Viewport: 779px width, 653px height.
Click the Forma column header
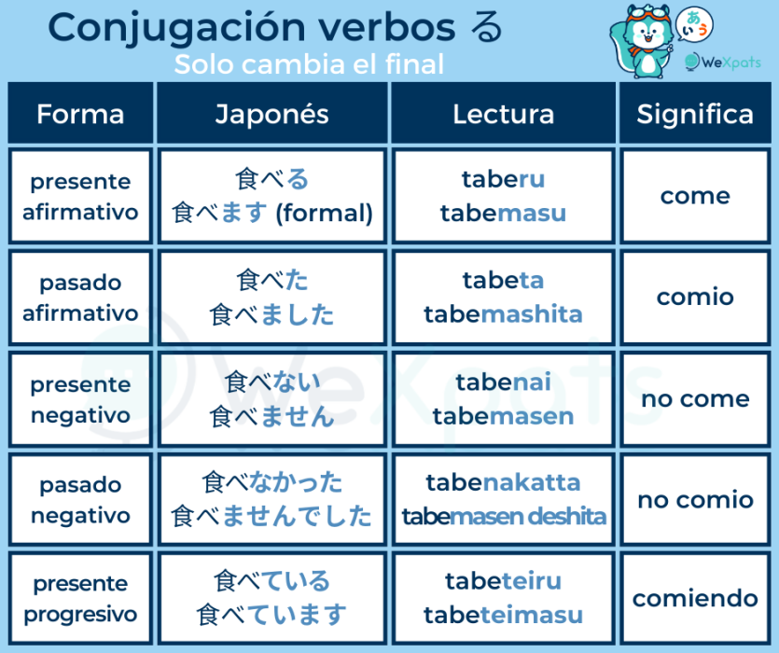(80, 114)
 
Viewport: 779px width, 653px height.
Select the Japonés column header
(271, 114)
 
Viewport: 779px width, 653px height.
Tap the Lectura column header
(503, 114)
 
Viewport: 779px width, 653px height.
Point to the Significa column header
(695, 114)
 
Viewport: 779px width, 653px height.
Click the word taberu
(503, 179)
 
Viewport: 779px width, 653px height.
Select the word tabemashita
(503, 314)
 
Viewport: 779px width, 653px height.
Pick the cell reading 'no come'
(695, 398)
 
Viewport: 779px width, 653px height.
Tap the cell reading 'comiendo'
(695, 598)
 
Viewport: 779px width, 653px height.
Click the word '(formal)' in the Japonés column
(324, 214)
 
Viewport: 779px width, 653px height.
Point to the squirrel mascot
(642, 41)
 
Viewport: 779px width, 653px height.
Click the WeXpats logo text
(730, 63)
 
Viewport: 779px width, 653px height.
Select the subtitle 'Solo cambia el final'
(309, 64)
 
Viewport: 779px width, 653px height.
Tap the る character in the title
(486, 27)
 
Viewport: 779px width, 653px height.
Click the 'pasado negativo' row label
(80, 500)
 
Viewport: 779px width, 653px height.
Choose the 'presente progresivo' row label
(80, 599)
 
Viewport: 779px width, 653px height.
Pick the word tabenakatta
(503, 482)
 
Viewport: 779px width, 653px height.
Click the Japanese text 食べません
(271, 416)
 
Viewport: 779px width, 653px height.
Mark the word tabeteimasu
(503, 616)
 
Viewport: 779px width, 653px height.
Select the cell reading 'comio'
(695, 297)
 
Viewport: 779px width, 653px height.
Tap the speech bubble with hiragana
(694, 25)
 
